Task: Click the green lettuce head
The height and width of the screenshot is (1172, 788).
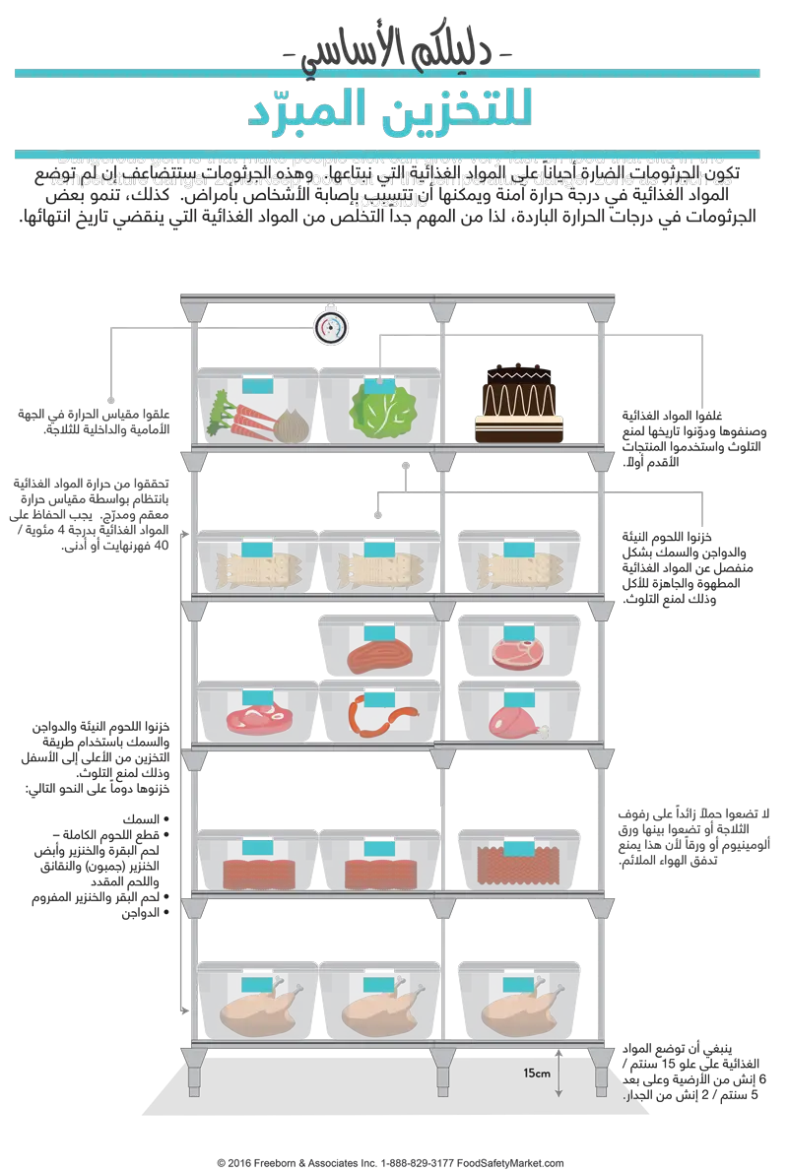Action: coord(379,413)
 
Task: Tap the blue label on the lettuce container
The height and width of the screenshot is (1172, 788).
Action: coord(379,385)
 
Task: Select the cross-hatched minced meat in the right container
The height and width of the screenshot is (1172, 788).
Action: coord(518,866)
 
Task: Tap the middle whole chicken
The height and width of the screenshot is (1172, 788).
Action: coord(379,1008)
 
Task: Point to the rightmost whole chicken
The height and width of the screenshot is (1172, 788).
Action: coord(518,1008)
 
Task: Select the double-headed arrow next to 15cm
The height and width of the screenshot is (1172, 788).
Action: coord(559,1073)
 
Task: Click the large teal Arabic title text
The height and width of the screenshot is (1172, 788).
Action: coord(390,109)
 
